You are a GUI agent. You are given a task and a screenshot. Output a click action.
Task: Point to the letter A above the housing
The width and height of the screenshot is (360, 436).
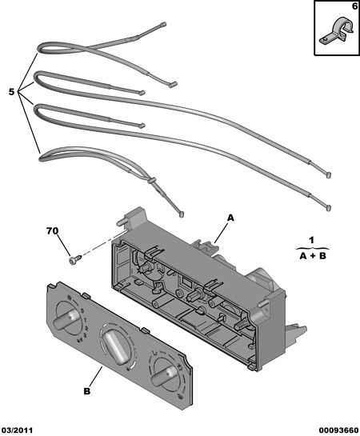coord(230,218)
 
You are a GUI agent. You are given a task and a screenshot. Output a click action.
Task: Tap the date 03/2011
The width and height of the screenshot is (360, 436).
coord(18,430)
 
